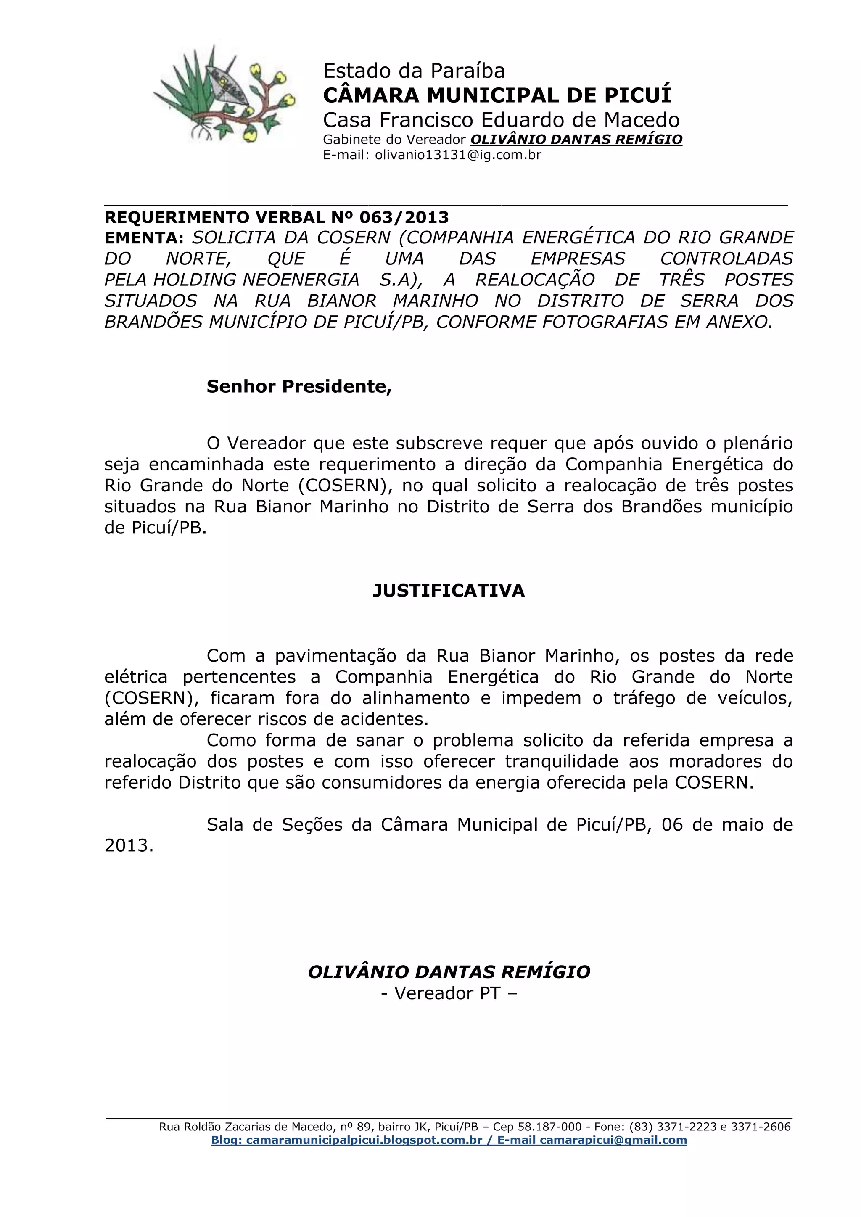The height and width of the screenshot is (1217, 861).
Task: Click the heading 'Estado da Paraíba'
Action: [414, 71]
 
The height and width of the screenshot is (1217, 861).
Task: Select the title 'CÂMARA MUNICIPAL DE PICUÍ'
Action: [497, 95]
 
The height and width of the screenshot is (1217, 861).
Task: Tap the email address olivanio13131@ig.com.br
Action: [458, 155]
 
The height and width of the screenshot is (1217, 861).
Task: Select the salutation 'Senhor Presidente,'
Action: [299, 386]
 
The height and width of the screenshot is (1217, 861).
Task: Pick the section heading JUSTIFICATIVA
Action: [449, 591]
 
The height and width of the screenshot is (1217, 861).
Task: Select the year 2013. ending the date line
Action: [129, 846]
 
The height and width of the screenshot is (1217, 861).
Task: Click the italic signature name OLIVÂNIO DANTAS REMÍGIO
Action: [449, 971]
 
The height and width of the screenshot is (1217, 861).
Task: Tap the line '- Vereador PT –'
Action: [449, 993]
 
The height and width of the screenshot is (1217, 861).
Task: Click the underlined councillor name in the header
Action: [576, 140]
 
